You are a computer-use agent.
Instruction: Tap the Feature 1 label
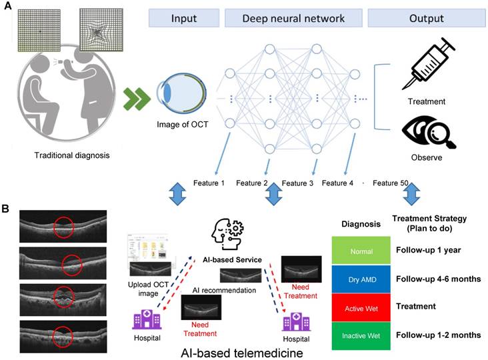pos(211,183)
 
